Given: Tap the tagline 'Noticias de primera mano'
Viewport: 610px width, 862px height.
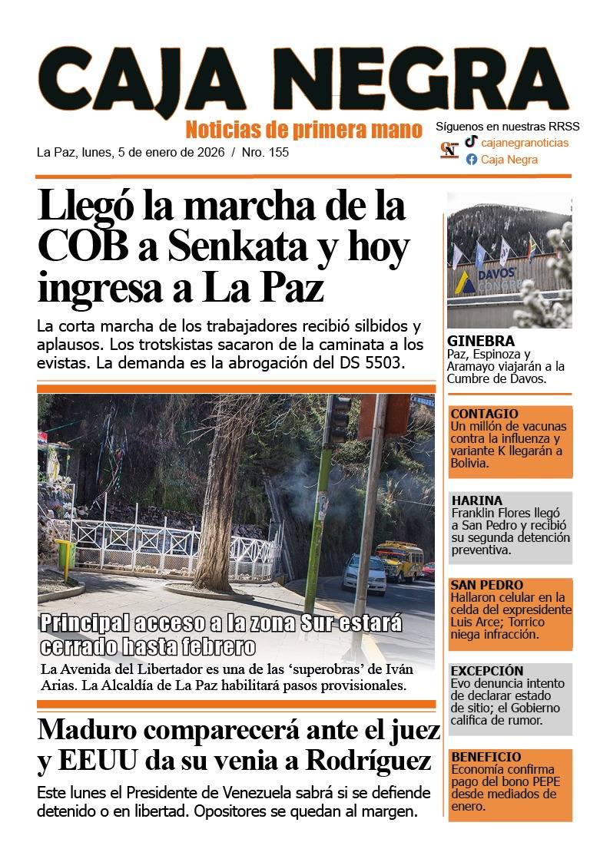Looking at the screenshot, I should pos(303,129).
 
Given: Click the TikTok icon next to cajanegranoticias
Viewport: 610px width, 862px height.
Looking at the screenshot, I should pos(471,142).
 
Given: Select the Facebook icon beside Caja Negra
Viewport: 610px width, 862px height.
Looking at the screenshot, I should pos(471,160).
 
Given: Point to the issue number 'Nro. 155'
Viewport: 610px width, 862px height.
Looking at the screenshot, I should pos(265,152).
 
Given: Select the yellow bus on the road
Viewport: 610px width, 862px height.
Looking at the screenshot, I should pos(399,560).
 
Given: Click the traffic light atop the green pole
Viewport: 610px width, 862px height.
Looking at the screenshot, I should pos(339,419).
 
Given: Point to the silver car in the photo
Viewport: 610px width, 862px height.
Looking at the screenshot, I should pos(363,573).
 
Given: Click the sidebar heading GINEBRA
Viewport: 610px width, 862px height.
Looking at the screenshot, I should pos(480,342).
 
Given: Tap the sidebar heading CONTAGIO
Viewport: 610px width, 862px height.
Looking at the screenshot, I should pos(484,414).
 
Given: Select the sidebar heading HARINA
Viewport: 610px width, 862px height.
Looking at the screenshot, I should pos(476,500).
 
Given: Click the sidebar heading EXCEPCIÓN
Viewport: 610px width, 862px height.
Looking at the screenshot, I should pos(486,671).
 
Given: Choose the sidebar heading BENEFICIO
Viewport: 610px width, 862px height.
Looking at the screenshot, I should pos(486,757).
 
